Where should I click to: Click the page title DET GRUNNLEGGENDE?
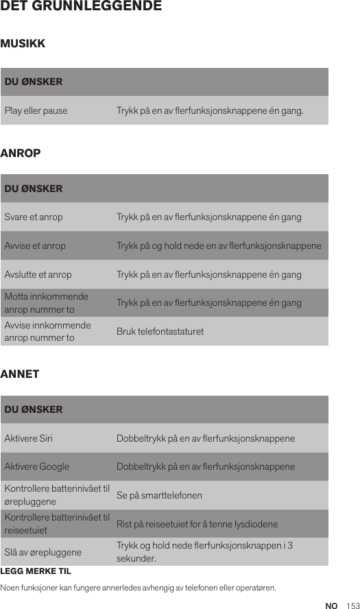pyautogui.click(x=81, y=7)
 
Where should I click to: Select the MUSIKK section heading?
pyautogui.click(x=23, y=44)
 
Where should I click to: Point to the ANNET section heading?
pyautogui.click(x=21, y=374)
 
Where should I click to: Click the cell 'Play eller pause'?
pyautogui.click(x=36, y=110)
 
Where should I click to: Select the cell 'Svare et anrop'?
pyautogui.click(x=34, y=217)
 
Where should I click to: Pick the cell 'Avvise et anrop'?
pyautogui.click(x=36, y=246)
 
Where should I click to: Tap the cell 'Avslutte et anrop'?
pyautogui.click(x=38, y=275)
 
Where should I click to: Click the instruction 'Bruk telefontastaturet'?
pyautogui.click(x=160, y=332)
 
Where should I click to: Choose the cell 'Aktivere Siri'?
pyautogui.click(x=29, y=438)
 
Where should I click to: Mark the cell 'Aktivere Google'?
pyautogui.click(x=37, y=467)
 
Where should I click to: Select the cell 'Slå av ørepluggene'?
pyautogui.click(x=43, y=552)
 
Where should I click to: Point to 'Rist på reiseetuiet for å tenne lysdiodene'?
pyautogui.click(x=197, y=525)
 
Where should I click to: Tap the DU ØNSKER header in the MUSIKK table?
pyautogui.click(x=34, y=82)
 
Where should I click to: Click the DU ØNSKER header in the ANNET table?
pyautogui.click(x=34, y=410)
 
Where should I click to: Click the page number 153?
pyautogui.click(x=352, y=606)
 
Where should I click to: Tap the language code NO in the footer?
pyautogui.click(x=332, y=606)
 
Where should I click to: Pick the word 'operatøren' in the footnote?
pyautogui.click(x=254, y=588)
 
